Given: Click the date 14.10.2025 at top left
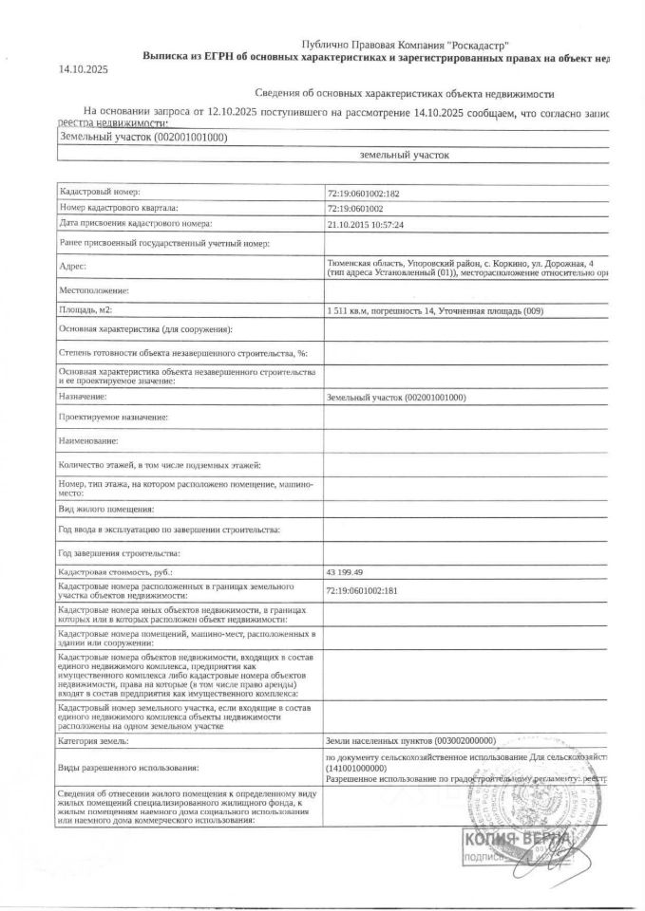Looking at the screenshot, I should [84, 69].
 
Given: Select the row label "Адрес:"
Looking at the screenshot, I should [73, 267].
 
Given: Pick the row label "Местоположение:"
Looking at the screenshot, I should [93, 289].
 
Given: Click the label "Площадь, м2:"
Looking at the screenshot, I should [86, 309].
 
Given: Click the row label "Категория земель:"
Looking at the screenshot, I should [95, 739].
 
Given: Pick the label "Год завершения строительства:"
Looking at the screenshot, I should [119, 552].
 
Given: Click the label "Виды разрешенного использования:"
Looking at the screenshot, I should [129, 766].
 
